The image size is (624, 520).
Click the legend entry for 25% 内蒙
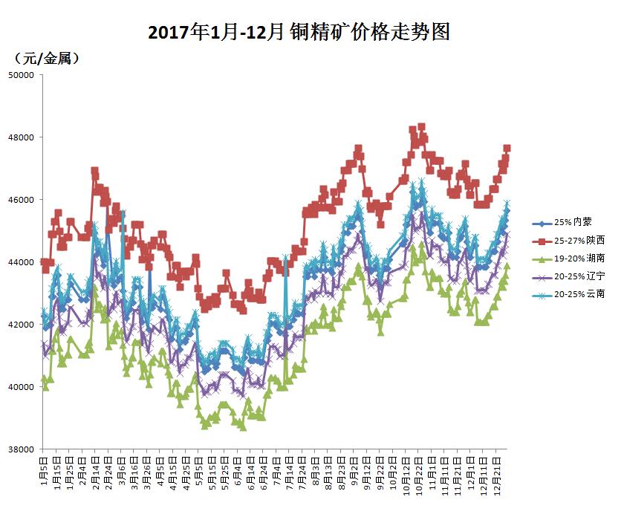click(573, 221)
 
